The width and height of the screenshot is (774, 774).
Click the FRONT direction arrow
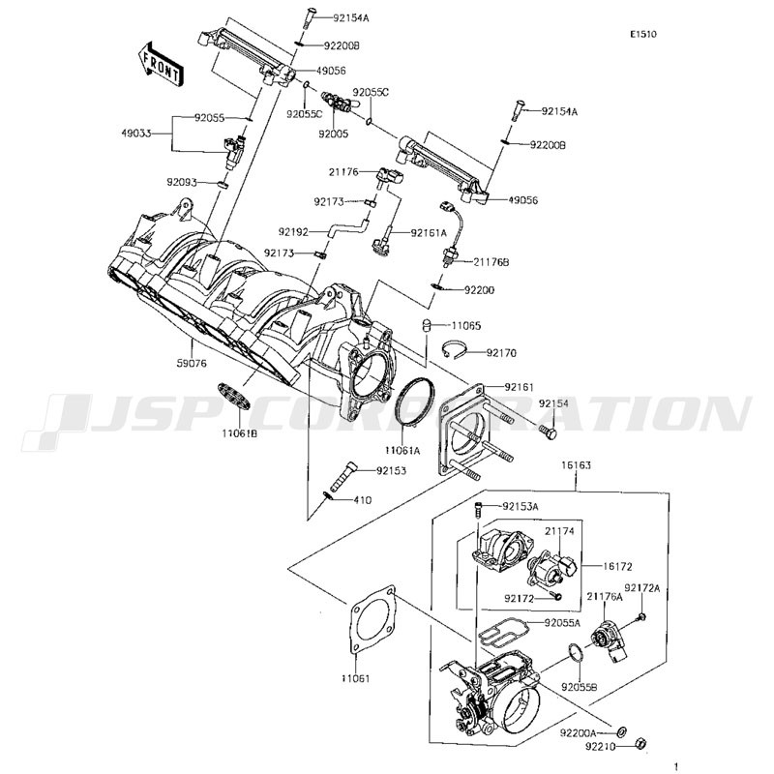(x=160, y=64)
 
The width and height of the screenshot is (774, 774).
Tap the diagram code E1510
(x=643, y=34)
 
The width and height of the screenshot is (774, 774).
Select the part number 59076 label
(x=192, y=364)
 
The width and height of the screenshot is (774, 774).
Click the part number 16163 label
(x=576, y=465)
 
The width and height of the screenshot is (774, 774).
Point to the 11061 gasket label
(x=355, y=678)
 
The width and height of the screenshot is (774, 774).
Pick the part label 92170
(x=501, y=353)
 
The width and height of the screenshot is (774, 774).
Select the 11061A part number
(x=402, y=450)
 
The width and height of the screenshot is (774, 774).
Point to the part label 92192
(x=293, y=231)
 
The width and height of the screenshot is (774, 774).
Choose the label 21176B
(x=491, y=262)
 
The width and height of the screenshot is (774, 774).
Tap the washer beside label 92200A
(x=621, y=730)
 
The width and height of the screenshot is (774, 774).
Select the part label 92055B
(x=579, y=687)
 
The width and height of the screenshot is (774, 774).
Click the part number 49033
(x=136, y=134)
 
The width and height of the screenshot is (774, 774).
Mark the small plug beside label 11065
(x=426, y=326)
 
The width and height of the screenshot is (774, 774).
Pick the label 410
(x=363, y=500)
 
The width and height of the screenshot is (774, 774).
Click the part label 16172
(x=617, y=567)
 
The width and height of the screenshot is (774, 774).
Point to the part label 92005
(x=333, y=134)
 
